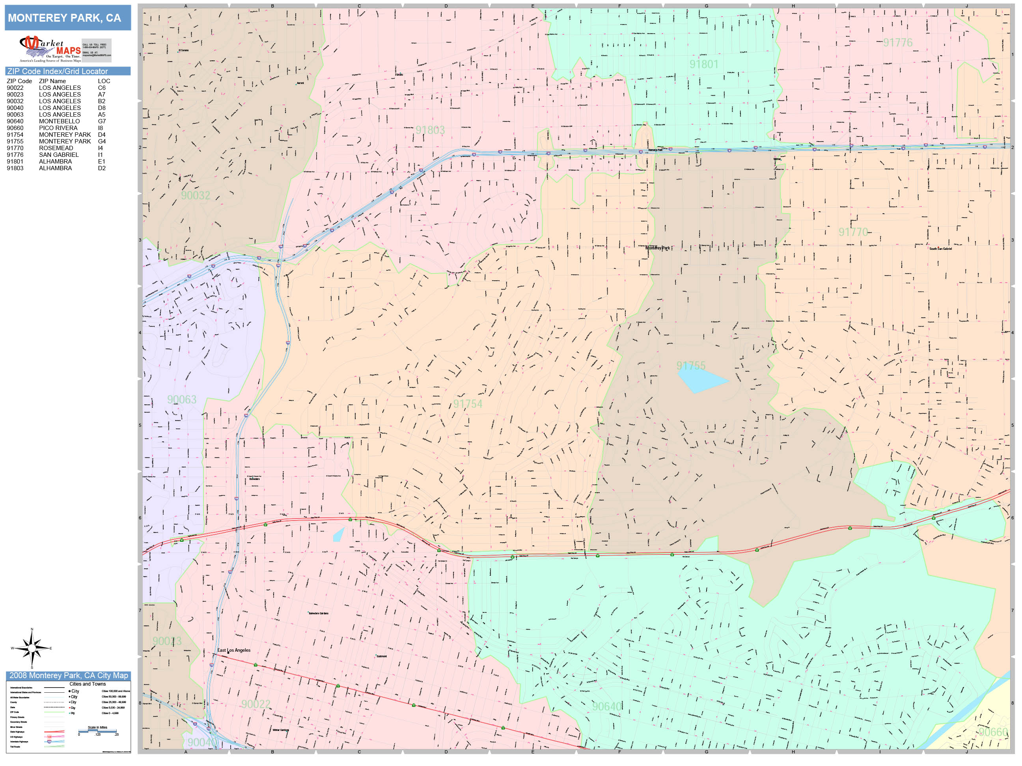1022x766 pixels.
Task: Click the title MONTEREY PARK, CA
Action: pos(65,18)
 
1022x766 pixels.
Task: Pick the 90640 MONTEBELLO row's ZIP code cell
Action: pos(15,121)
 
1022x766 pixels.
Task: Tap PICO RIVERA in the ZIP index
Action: pos(58,128)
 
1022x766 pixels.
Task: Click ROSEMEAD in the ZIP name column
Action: pos(56,148)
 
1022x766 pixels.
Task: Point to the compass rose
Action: pos(32,649)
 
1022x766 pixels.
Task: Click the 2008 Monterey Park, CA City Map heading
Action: pos(68,675)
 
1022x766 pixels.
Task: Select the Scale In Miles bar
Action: pos(97,731)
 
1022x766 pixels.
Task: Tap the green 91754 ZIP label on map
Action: pos(468,404)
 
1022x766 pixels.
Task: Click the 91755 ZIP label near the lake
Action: pos(691,366)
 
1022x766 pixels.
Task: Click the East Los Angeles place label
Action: pos(234,650)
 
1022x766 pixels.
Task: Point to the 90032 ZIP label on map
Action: pos(196,195)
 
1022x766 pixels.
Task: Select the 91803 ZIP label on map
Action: pos(430,130)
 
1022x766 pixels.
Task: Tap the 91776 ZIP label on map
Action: pos(898,43)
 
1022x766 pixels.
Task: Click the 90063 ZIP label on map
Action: pos(182,400)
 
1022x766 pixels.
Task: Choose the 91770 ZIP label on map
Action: pos(853,232)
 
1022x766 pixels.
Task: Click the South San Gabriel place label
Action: pos(940,249)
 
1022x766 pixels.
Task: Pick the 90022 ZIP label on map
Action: pos(255,704)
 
